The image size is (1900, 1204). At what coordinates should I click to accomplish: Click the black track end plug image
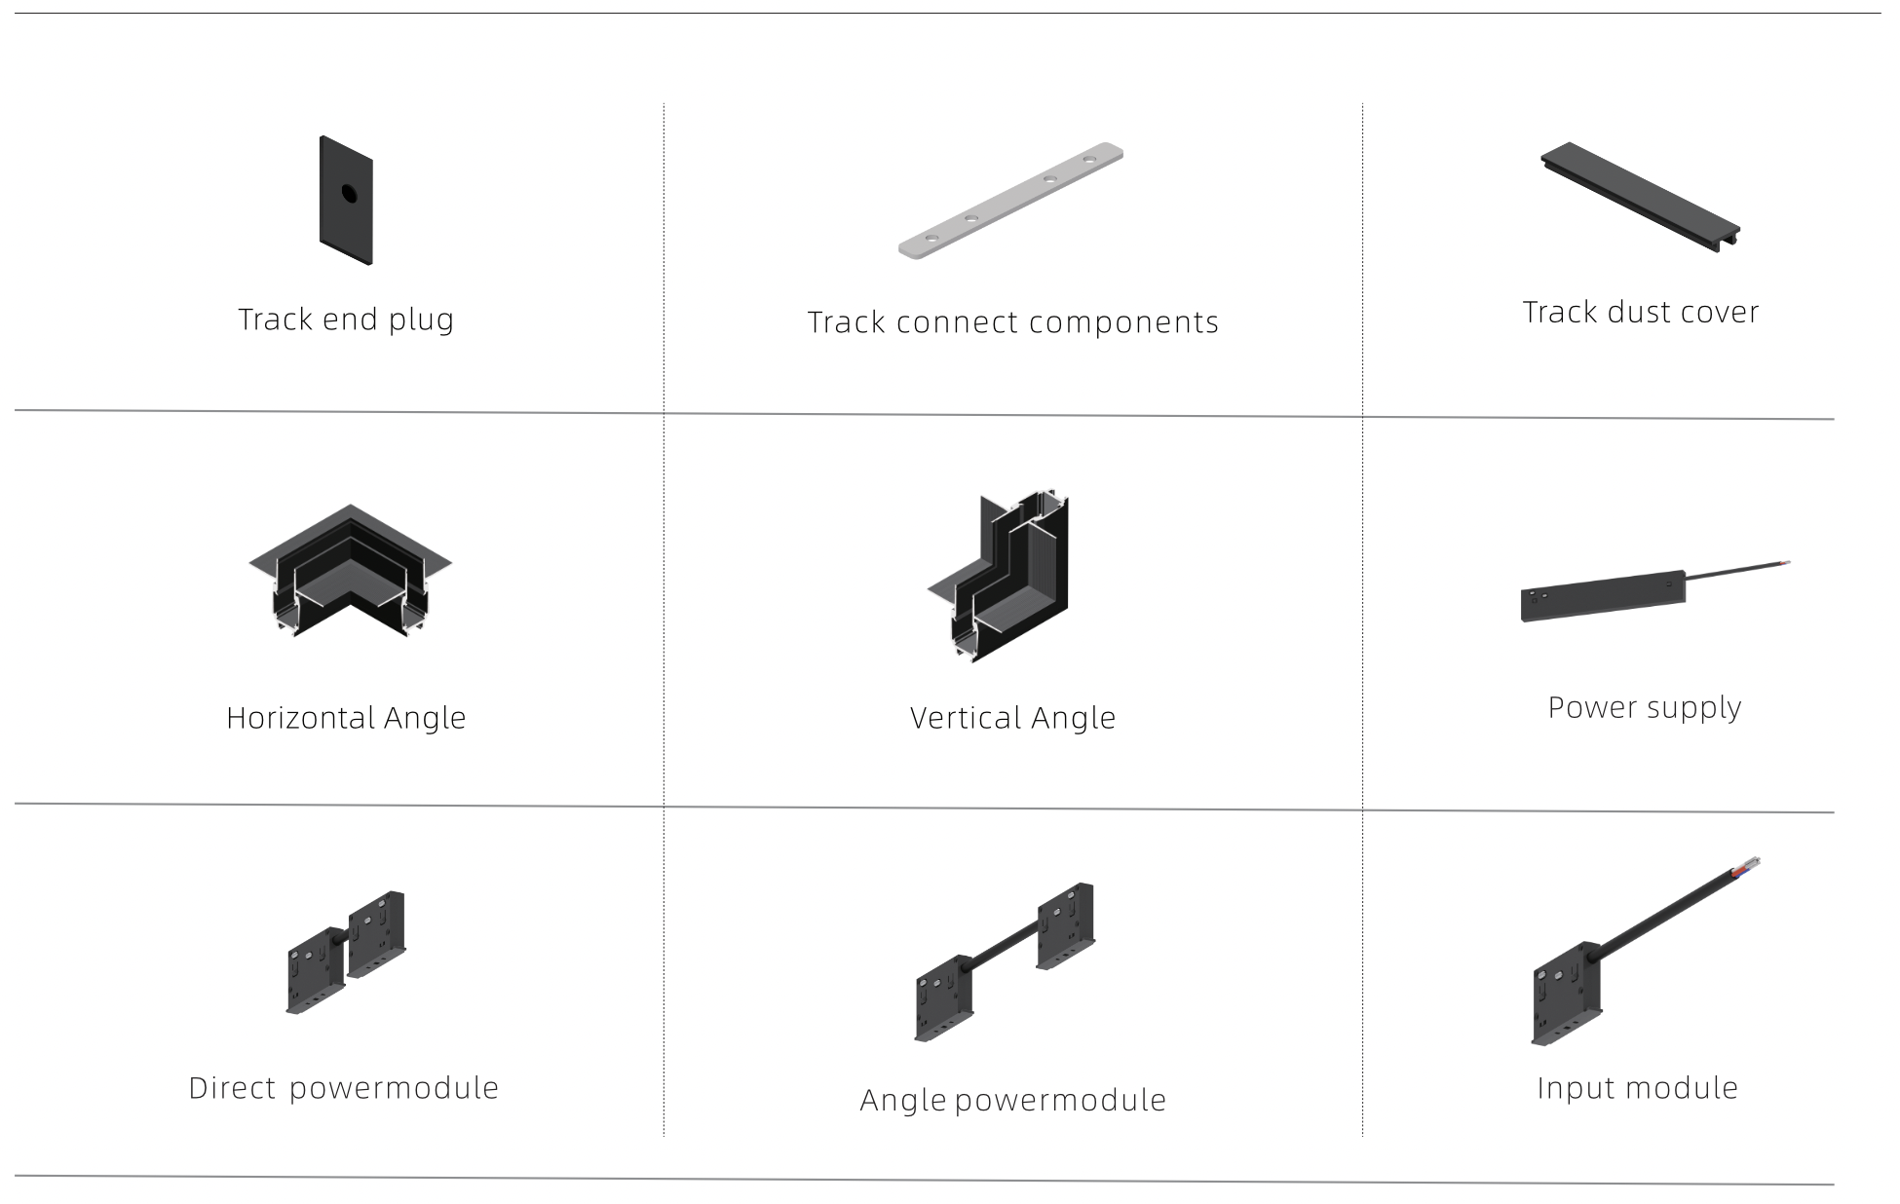pyautogui.click(x=346, y=201)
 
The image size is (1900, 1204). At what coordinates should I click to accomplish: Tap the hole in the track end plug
pyautogui.click(x=348, y=193)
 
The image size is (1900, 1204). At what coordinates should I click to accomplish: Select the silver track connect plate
pyautogui.click(x=1010, y=202)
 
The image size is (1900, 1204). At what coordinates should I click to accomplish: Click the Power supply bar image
pyautogui.click(x=1604, y=596)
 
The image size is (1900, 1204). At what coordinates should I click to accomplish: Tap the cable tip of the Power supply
pyautogui.click(x=1784, y=563)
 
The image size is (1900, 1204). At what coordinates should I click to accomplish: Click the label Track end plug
pyautogui.click(x=346, y=320)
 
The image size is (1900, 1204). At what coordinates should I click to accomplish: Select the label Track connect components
pyautogui.click(x=1013, y=322)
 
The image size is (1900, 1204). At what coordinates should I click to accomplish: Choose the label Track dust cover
pyautogui.click(x=1641, y=312)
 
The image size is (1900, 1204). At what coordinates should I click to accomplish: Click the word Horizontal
pyautogui.click(x=299, y=718)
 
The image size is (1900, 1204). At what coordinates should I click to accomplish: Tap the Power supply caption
pyautogui.click(x=1645, y=708)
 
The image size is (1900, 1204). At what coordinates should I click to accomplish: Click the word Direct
pyautogui.click(x=232, y=1088)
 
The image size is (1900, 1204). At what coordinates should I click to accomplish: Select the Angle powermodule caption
pyautogui.click(x=1013, y=1101)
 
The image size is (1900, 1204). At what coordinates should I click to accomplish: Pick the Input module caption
pyautogui.click(x=1638, y=1088)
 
